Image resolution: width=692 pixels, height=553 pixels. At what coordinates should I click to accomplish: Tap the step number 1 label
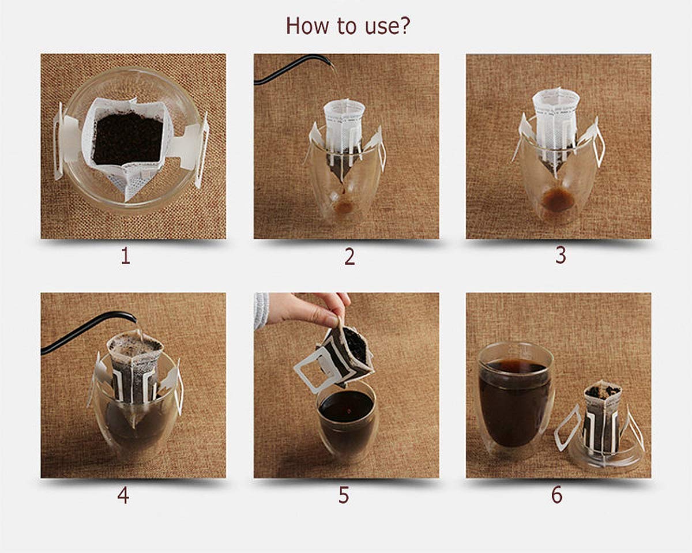click(125, 256)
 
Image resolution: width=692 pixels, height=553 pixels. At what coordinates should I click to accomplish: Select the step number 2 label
click(349, 257)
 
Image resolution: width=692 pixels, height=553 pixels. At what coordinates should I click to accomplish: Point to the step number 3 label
click(561, 255)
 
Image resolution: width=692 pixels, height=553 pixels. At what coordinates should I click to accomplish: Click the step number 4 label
click(123, 495)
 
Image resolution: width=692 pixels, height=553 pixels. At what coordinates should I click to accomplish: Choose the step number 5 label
click(344, 495)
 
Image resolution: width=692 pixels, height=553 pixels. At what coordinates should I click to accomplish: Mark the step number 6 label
click(556, 495)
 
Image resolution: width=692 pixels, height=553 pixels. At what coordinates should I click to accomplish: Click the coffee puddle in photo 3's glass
click(558, 200)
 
